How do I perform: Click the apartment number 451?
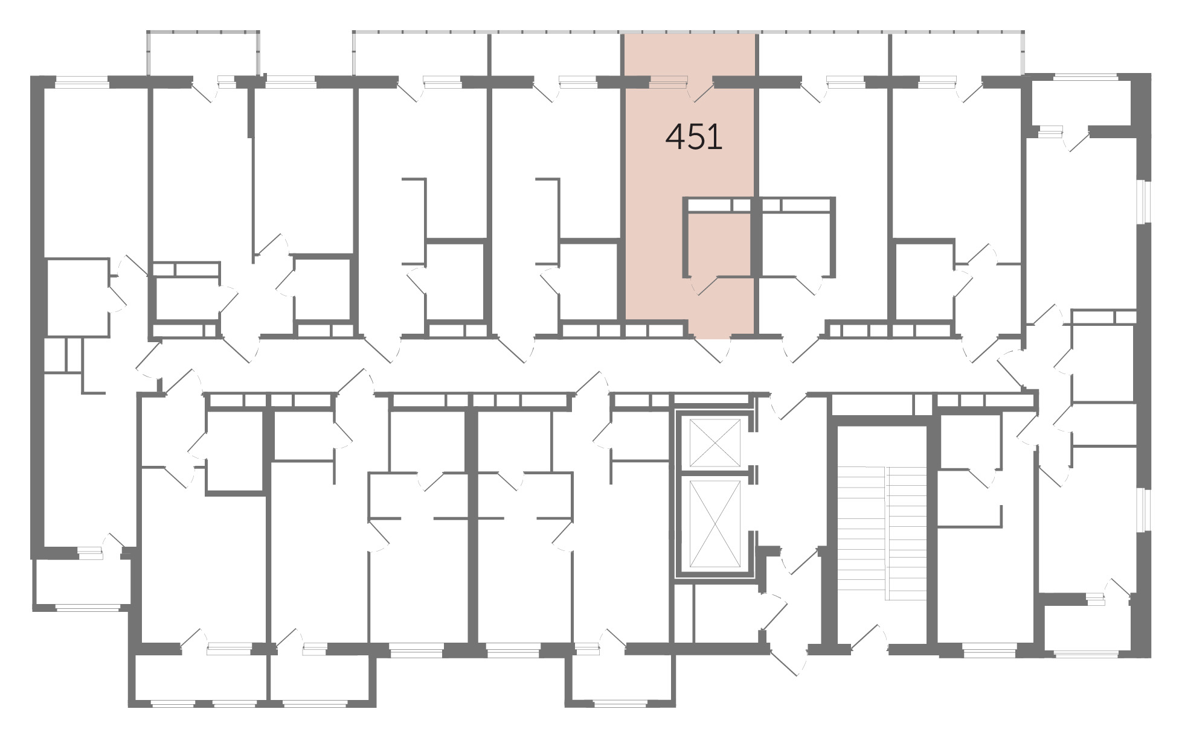point(694,138)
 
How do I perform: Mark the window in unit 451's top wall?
point(669,79)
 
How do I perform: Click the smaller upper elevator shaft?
point(715,443)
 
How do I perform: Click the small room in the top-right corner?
point(1081,103)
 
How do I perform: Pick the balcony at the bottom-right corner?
point(1086,628)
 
